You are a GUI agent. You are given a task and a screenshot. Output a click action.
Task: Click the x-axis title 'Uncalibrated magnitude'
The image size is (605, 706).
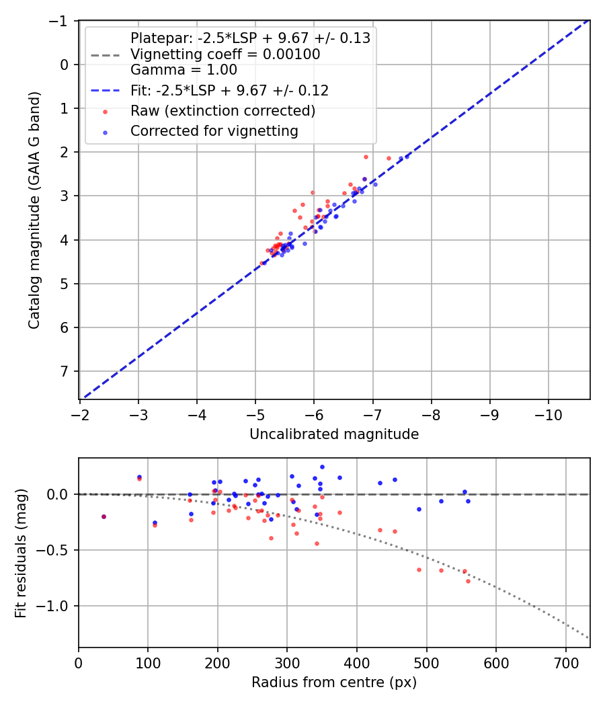click(x=334, y=434)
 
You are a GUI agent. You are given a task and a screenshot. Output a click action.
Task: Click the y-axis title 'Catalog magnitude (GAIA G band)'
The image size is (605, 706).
click(x=34, y=210)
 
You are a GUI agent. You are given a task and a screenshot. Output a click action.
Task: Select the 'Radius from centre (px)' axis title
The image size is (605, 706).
click(x=334, y=682)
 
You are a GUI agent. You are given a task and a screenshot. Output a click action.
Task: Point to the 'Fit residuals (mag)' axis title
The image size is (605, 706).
click(x=21, y=553)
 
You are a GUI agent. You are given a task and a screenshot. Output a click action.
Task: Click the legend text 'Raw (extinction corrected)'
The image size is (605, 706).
click(x=223, y=110)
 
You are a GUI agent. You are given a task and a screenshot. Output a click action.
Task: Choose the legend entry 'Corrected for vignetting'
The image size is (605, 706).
click(x=214, y=131)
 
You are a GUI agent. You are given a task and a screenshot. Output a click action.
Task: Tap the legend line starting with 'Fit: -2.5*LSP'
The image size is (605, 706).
click(x=229, y=89)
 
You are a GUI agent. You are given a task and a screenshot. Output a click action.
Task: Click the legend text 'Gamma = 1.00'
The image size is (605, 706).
click(x=184, y=70)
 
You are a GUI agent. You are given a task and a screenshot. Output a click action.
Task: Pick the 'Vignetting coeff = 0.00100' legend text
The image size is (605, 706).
click(x=225, y=54)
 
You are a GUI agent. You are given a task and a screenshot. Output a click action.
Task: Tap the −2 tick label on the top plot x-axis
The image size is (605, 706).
click(x=80, y=411)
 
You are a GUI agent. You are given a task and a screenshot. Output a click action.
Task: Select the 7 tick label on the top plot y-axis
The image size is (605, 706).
click(x=65, y=371)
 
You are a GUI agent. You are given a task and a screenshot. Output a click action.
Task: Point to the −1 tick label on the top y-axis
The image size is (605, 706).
click(x=61, y=21)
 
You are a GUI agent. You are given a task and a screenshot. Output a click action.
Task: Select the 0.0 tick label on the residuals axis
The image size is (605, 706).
click(x=56, y=494)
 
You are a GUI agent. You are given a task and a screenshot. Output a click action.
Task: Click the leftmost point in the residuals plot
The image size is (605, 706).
click(x=104, y=516)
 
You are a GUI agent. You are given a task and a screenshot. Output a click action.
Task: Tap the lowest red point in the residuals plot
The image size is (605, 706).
click(x=468, y=581)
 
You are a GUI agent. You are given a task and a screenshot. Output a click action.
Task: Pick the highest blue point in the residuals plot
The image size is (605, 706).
click(x=322, y=467)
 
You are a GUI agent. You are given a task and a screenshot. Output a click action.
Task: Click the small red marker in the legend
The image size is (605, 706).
click(x=105, y=111)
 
